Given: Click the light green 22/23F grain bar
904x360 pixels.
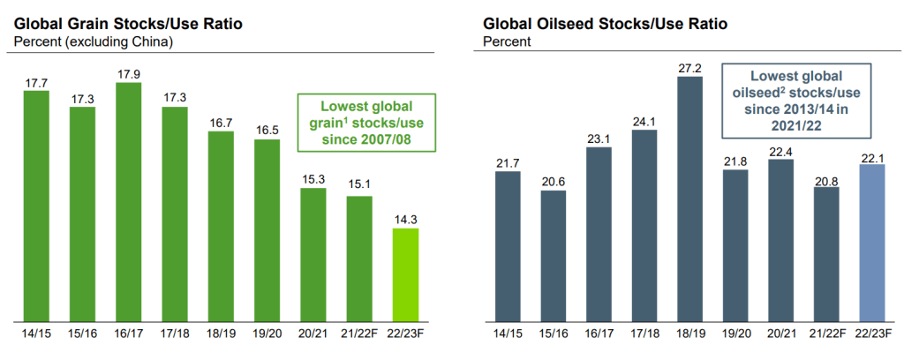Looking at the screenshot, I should pos(405,274).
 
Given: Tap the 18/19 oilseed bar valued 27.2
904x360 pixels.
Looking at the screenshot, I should pos(689,199).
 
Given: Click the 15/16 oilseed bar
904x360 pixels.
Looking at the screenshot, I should pos(553,256).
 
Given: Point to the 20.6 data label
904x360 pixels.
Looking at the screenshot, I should pos(553,182).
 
